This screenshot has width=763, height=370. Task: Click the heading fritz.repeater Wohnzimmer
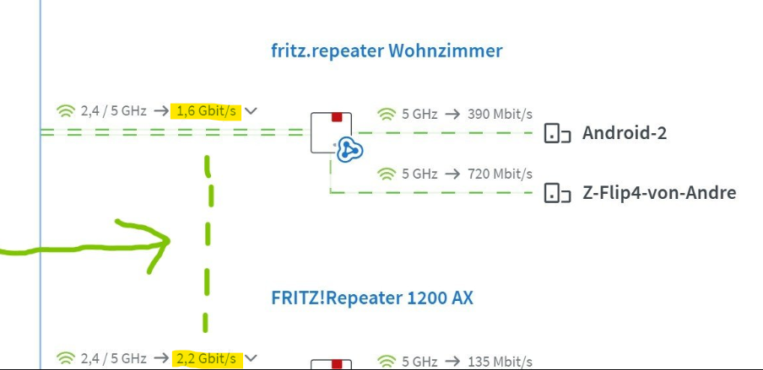(x=387, y=51)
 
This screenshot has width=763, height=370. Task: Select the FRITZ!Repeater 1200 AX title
(x=372, y=298)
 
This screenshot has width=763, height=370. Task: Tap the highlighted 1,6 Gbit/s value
(x=206, y=111)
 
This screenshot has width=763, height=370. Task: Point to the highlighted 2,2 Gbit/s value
(x=206, y=359)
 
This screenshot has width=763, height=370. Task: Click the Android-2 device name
(x=625, y=132)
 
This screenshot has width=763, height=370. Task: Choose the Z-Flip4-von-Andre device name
(x=659, y=193)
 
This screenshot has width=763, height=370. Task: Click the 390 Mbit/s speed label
(x=500, y=115)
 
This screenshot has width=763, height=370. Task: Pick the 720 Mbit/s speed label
(x=500, y=174)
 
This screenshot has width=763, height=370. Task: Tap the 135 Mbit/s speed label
(x=500, y=362)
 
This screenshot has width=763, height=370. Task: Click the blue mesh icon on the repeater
(x=350, y=150)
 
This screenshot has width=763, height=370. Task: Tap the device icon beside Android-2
(x=557, y=133)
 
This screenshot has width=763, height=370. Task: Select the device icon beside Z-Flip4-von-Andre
(x=557, y=193)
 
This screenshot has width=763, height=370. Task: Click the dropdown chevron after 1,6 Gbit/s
(x=251, y=111)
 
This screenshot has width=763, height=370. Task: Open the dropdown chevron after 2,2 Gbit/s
(x=251, y=359)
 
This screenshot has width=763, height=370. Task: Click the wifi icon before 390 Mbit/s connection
(x=387, y=115)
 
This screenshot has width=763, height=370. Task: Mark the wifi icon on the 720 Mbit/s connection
(x=387, y=174)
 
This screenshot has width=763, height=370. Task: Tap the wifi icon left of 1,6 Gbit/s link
(x=66, y=111)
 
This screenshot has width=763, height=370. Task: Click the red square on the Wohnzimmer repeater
(x=338, y=117)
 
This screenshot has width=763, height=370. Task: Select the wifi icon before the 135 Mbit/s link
(x=387, y=362)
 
